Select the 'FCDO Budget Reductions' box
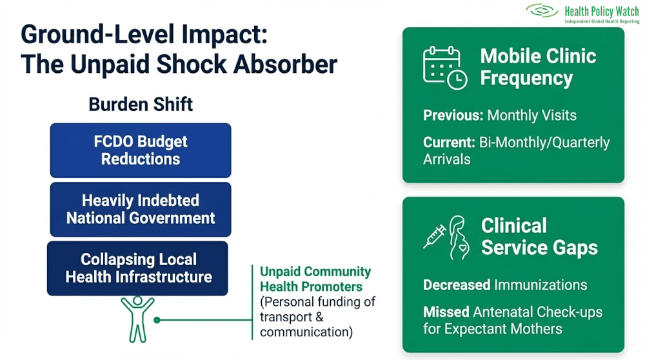click(141, 150)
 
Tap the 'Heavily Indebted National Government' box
click(141, 209)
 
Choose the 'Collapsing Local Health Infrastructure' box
click(138, 268)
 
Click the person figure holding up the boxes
click(137, 317)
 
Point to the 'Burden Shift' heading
click(141, 105)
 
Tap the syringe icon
click(434, 237)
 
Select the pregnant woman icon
click(459, 237)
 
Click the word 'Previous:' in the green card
click(453, 116)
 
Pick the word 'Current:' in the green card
click(450, 143)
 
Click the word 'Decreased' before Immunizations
click(457, 285)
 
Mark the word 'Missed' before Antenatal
click(446, 312)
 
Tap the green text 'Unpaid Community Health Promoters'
click(315, 279)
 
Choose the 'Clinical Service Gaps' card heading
click(539, 237)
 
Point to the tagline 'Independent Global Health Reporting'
click(601, 21)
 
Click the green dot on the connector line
click(156, 319)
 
